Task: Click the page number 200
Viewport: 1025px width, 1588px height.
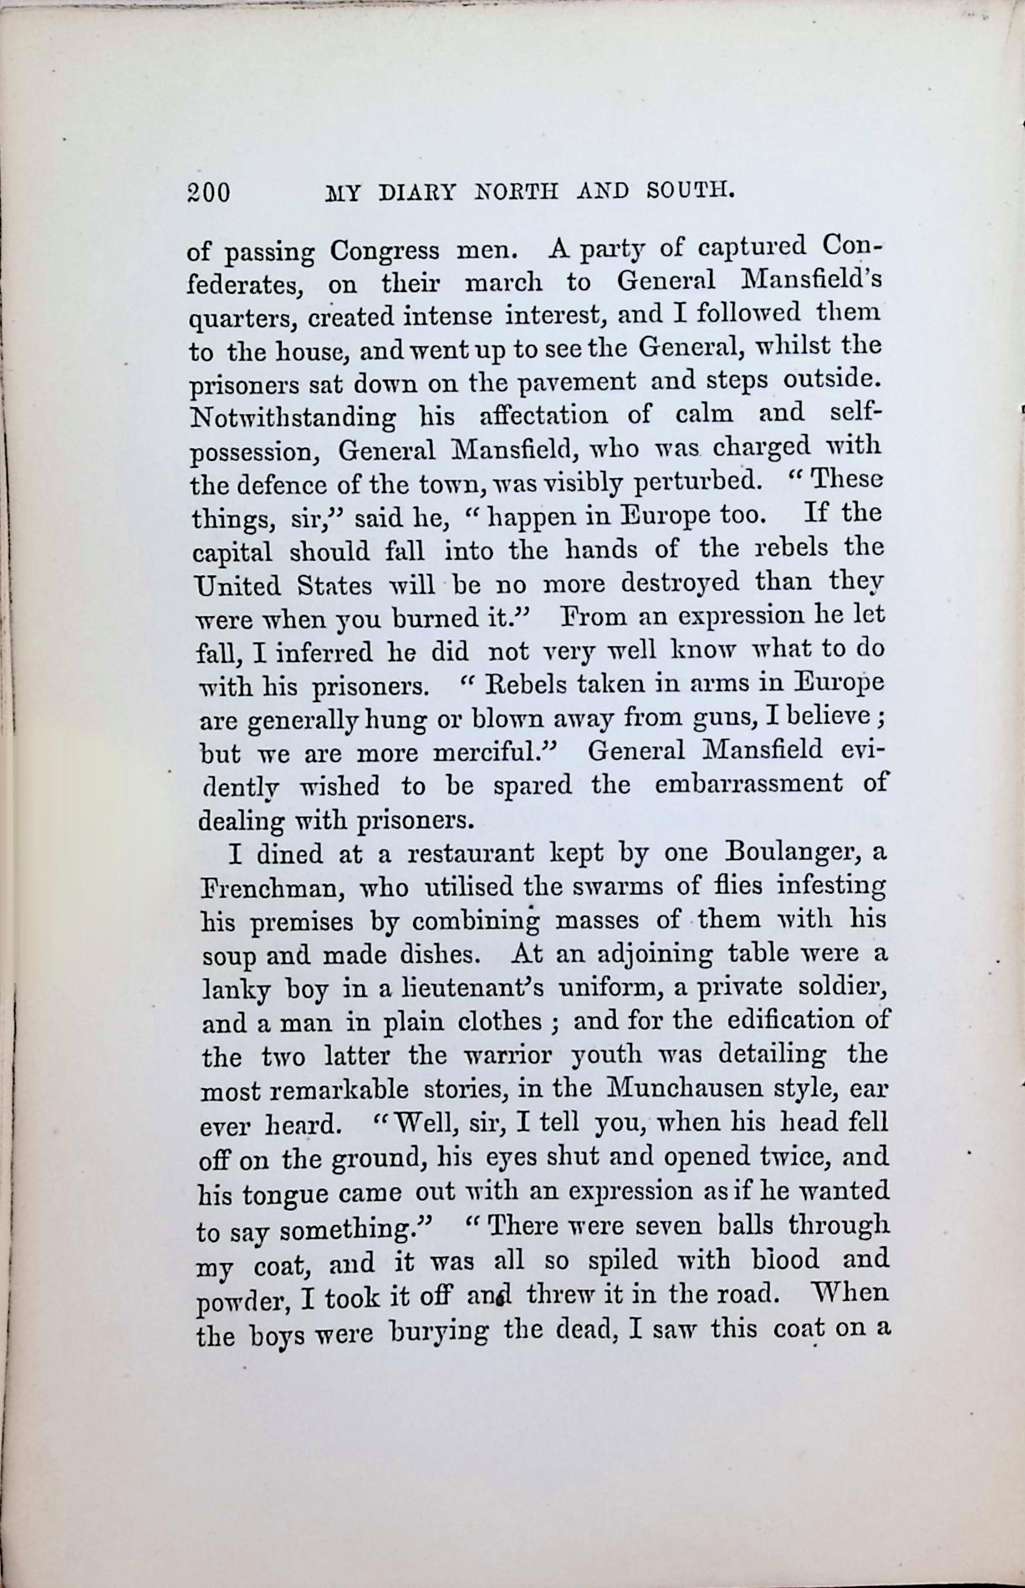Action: [208, 193]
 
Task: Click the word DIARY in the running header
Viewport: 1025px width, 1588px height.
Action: [417, 193]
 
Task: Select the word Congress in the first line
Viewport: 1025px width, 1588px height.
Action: [385, 252]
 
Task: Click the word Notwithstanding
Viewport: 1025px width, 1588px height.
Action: [293, 418]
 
